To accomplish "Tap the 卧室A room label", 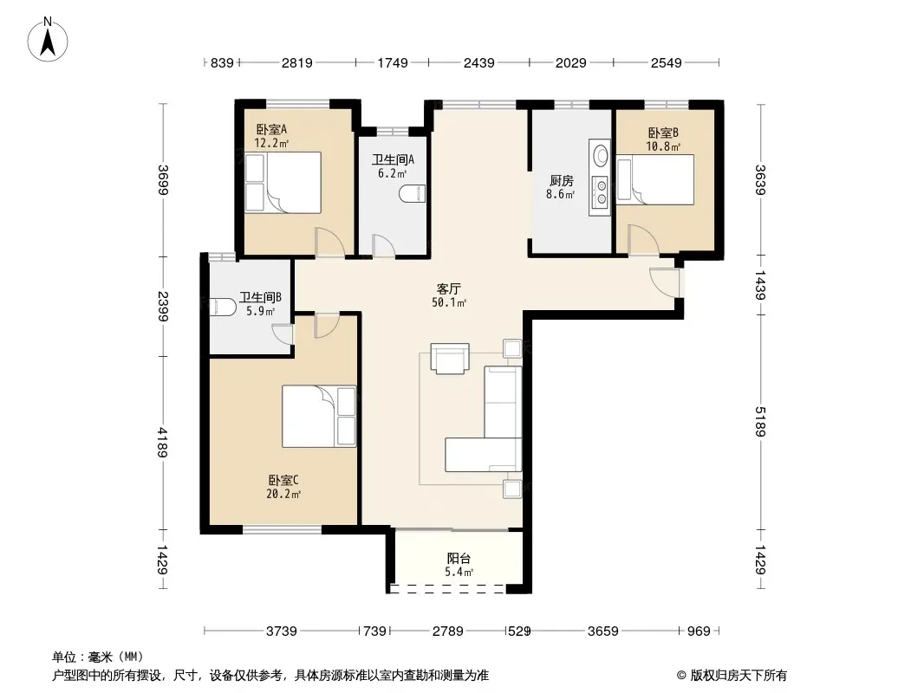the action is (271, 129).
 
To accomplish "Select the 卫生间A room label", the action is (393, 159).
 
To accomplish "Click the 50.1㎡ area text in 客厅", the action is (449, 302).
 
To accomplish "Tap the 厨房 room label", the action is (561, 181).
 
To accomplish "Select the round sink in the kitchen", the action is (601, 155).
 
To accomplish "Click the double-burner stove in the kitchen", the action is (601, 193).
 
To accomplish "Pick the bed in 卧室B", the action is (655, 179).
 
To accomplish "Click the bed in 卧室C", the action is (319, 417).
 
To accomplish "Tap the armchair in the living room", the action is (450, 358).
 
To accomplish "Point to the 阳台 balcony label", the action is (459, 558).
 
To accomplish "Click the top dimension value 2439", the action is (478, 62).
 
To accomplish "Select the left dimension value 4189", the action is (163, 442).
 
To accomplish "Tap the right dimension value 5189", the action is (759, 422).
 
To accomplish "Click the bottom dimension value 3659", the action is (602, 631).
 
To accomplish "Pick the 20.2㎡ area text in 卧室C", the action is (283, 495).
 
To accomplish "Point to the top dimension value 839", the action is (222, 62).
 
